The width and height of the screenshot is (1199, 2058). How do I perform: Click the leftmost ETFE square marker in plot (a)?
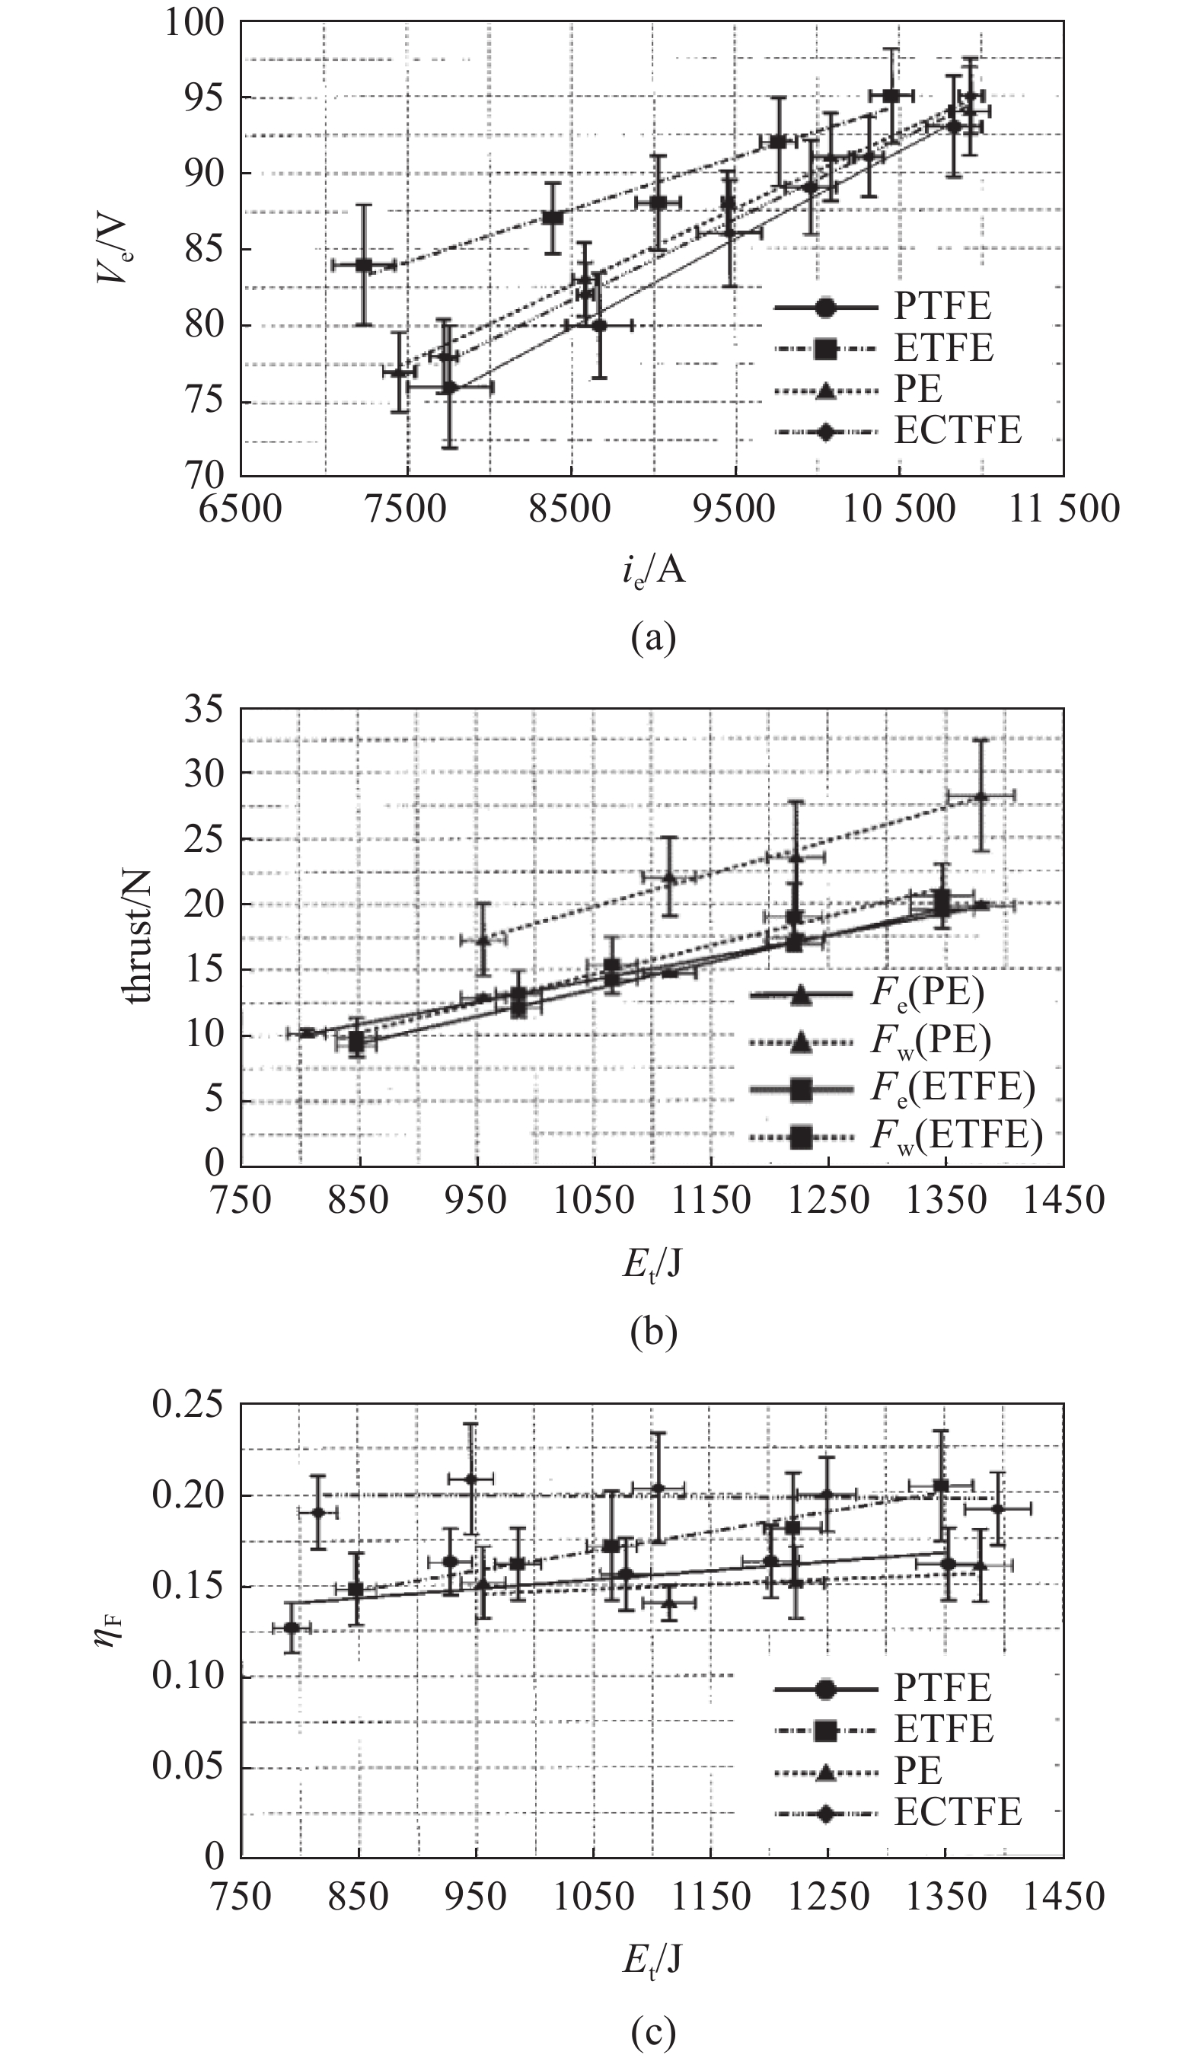(363, 266)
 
